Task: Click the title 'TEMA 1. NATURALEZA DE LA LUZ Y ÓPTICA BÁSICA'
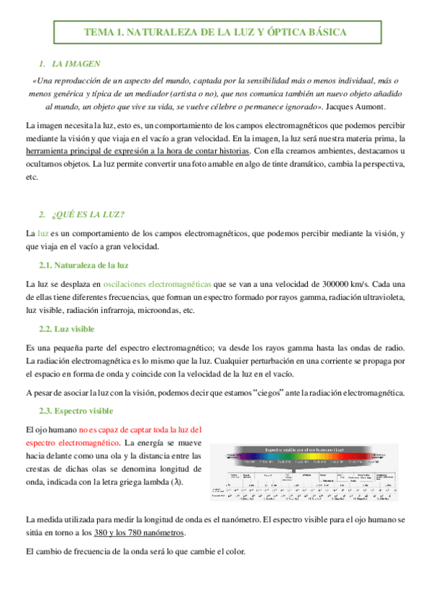point(215,32)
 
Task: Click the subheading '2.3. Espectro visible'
point(76,411)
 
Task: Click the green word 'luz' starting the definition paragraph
point(43,234)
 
